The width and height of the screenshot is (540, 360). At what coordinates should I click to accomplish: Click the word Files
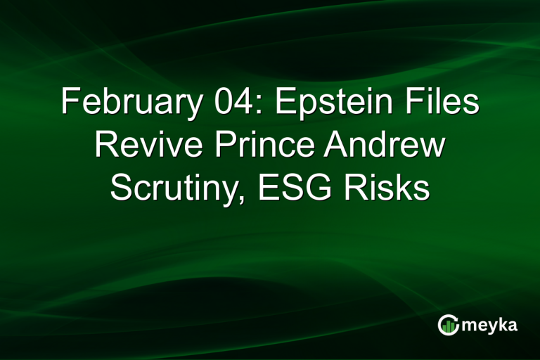(x=444, y=103)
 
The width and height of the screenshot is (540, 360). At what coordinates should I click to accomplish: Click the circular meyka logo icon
(x=448, y=325)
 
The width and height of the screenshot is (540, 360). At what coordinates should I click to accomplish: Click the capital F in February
(x=69, y=103)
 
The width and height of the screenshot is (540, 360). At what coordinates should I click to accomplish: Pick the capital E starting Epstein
(x=282, y=103)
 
